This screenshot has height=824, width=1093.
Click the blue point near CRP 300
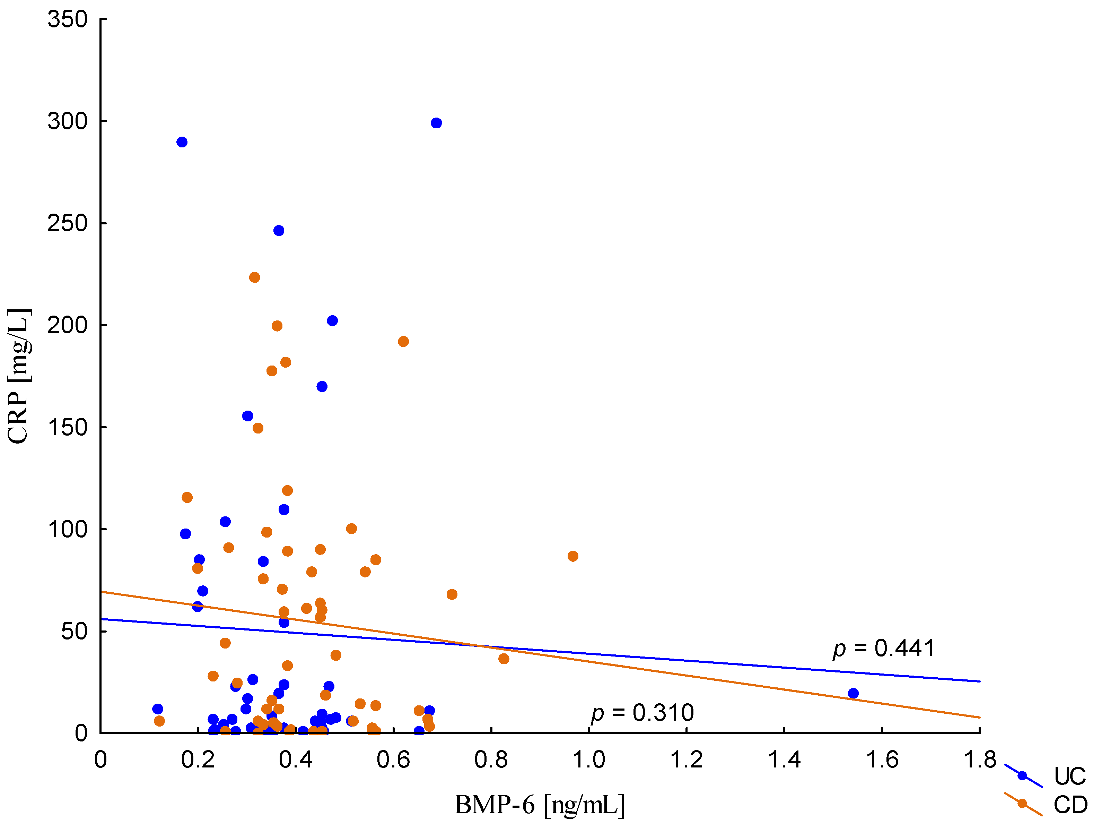[x=436, y=123]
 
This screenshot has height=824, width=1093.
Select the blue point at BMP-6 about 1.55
[x=853, y=693]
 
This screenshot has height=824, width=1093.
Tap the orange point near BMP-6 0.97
[x=573, y=556]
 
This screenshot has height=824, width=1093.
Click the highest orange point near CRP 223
[x=254, y=277]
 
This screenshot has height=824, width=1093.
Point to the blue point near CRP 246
[x=279, y=231]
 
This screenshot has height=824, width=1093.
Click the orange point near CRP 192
[x=403, y=342]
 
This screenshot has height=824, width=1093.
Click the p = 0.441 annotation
[x=883, y=649]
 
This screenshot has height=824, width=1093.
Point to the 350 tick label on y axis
[x=67, y=20]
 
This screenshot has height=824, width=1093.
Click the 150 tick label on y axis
[x=67, y=427]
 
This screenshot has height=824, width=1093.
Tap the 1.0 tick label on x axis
[x=588, y=760]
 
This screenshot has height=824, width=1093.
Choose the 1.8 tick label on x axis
[x=980, y=760]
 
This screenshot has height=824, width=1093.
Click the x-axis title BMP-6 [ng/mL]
[x=540, y=805]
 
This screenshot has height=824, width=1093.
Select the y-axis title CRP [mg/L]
[x=20, y=376]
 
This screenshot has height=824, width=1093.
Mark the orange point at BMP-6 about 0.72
[x=452, y=594]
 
